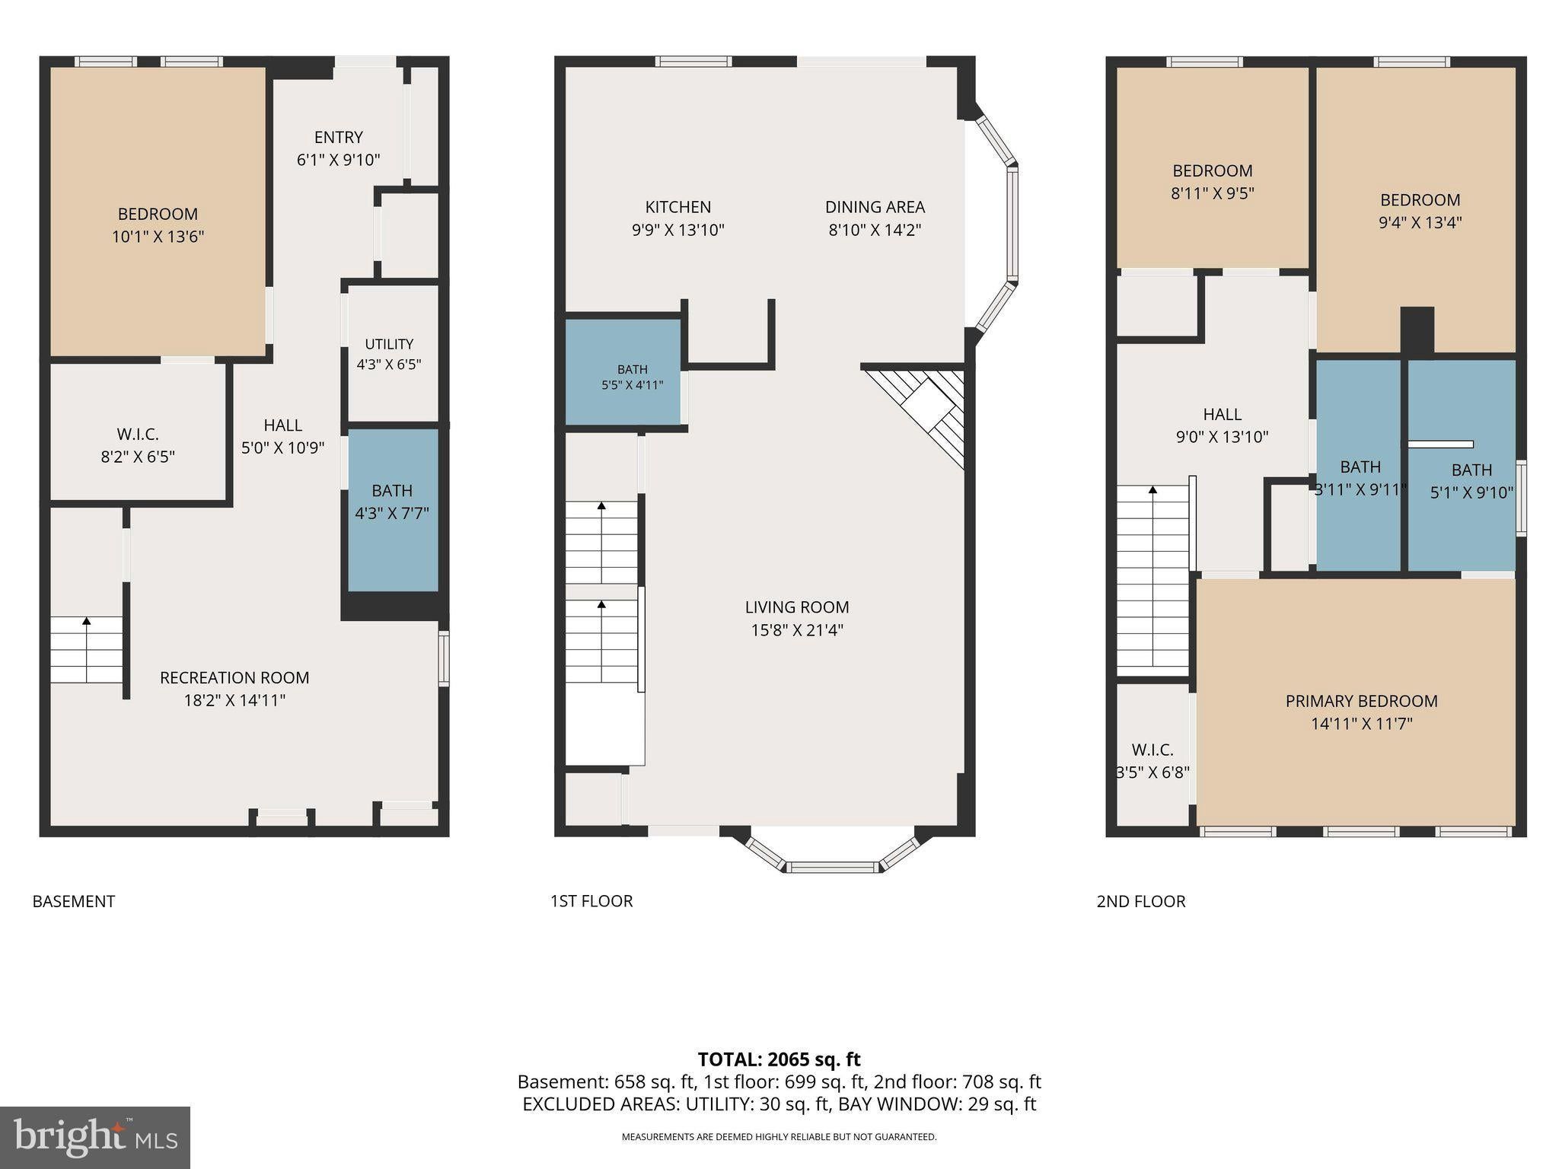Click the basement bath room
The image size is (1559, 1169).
(393, 510)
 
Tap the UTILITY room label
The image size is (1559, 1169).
(389, 344)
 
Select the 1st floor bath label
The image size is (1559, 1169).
(633, 369)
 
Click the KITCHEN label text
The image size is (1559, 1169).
(678, 207)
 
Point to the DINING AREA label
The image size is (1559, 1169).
(875, 207)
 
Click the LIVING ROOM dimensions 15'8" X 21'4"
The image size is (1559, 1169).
(797, 630)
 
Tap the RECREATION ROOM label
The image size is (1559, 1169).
(234, 677)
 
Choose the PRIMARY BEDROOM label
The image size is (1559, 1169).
(1362, 701)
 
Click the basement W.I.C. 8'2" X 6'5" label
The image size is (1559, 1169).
(138, 445)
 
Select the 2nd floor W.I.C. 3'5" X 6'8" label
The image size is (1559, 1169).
(1153, 761)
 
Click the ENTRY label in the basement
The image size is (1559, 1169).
(339, 138)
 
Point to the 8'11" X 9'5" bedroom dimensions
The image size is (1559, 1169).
(1213, 193)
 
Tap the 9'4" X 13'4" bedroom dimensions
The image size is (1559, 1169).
(1420, 223)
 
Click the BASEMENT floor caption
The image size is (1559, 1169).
(74, 901)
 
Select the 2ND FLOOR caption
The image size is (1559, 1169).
(1141, 901)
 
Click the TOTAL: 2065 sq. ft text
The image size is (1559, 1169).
(779, 1059)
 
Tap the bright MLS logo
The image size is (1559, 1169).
(95, 1138)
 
